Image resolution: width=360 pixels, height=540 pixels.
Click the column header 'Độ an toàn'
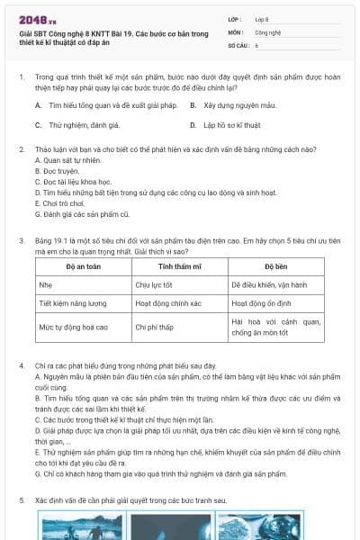tap(83, 267)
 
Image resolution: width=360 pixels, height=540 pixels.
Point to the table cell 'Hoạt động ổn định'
tap(262, 305)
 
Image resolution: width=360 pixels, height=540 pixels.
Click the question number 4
tap(21, 366)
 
